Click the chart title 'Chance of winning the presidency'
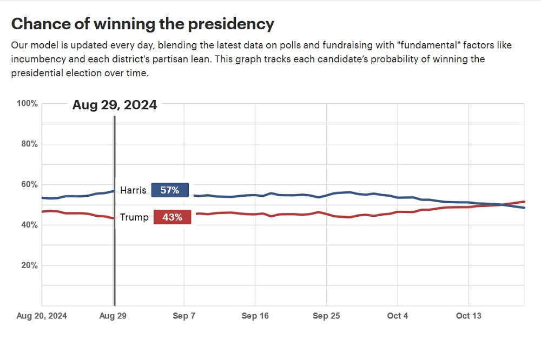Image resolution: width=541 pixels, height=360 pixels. pos(142,24)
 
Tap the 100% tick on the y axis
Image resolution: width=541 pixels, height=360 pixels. pos(28,103)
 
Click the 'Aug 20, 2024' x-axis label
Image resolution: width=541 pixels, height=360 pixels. pos(42,316)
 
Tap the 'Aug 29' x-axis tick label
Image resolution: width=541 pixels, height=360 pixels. pos(113,316)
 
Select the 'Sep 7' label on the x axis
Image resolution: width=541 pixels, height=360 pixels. pos(184,316)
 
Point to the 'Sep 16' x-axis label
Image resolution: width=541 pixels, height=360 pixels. pos(255,316)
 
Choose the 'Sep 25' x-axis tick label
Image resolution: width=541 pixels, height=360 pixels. pos(327,316)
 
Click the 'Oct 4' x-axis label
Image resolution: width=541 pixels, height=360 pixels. pos(398,316)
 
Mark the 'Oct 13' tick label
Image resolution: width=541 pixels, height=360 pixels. pos(469,316)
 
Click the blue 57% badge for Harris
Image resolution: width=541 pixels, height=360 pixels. pos(170,190)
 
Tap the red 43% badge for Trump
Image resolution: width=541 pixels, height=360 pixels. pos(172,217)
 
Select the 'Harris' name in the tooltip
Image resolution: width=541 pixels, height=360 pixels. pos(133,190)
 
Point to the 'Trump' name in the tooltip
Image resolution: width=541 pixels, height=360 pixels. pos(134,217)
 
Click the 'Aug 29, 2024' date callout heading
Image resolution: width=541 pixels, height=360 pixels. pos(115,105)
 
